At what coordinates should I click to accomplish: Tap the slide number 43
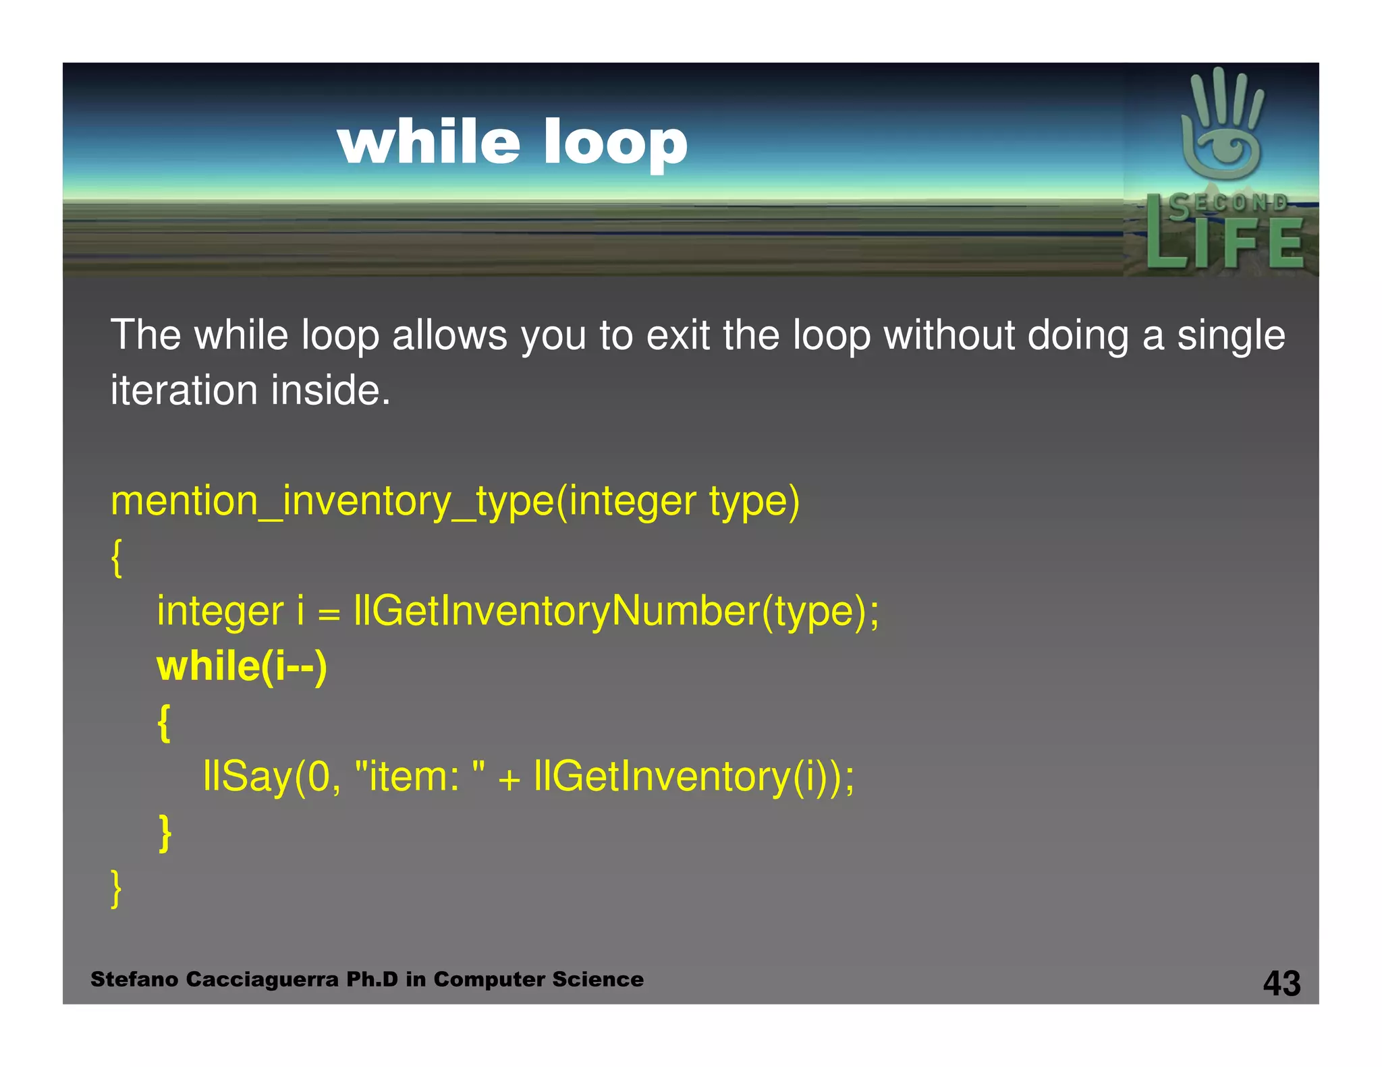(x=1281, y=983)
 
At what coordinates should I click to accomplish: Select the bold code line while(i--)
(x=242, y=666)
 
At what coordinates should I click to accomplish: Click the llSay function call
(x=247, y=776)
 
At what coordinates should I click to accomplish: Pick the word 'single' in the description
(x=1231, y=335)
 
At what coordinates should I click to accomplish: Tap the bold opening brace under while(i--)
(x=164, y=723)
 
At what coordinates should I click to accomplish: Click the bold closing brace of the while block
(x=164, y=833)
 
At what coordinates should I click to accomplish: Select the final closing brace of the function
(x=116, y=888)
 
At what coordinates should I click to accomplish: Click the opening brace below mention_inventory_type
(x=116, y=558)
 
